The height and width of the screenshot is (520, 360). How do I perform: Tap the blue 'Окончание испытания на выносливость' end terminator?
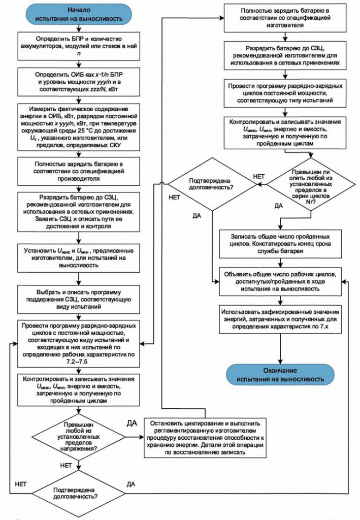280,374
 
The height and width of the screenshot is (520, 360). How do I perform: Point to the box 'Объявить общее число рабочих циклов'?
280,280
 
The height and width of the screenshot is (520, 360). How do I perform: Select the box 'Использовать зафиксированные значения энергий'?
280,318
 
